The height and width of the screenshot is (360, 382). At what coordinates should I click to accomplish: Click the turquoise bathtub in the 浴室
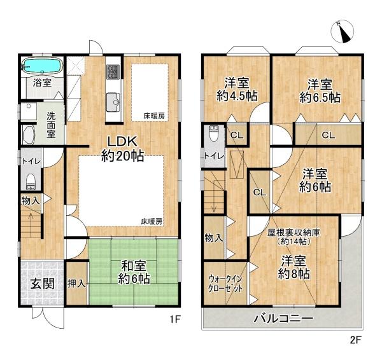pyautogui.click(x=41, y=66)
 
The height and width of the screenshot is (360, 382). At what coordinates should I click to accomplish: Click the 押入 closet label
pyautogui.click(x=77, y=280)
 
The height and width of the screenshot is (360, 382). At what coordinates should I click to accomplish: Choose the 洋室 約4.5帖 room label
pyautogui.click(x=236, y=90)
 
